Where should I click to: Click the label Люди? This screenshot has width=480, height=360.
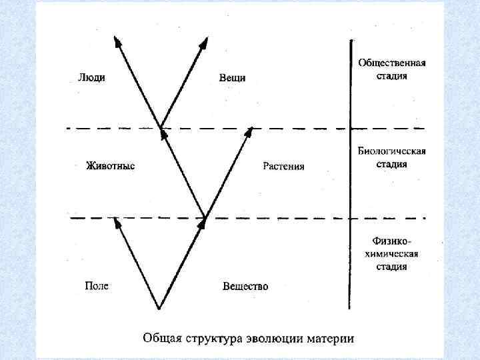point(91,77)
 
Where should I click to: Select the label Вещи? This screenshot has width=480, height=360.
point(232,78)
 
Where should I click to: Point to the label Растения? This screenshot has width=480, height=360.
point(283,166)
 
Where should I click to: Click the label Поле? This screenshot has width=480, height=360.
point(96,286)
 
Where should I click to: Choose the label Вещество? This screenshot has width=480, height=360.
point(245,287)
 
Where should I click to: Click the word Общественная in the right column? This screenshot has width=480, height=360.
point(392,63)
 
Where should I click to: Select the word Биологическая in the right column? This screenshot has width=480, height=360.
point(392,151)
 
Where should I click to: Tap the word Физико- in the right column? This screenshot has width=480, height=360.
point(392,241)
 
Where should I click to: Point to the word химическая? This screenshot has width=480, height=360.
point(392,253)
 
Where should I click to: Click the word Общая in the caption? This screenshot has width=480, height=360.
point(161,337)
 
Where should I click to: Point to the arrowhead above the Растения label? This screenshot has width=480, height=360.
point(249,131)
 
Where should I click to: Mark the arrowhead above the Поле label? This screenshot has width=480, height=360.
point(116,222)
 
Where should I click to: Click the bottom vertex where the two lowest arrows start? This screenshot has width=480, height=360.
point(159,309)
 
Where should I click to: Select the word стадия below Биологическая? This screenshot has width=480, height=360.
point(392,164)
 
